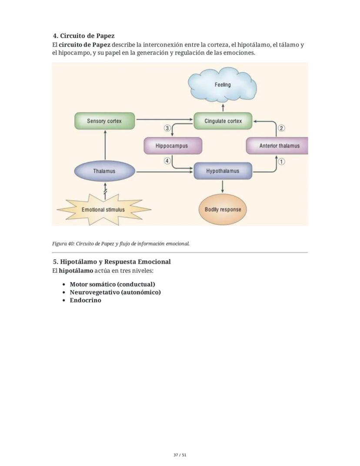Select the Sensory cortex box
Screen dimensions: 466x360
coord(104,121)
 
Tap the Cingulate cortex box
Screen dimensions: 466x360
coord(223,121)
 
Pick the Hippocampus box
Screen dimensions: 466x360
coord(173,146)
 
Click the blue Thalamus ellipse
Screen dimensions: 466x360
coord(104,171)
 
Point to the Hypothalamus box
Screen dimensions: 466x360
coord(223,171)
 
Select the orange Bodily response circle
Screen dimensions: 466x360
coord(223,209)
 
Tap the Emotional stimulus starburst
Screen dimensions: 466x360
coord(103,209)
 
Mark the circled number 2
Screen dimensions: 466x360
coord(281,128)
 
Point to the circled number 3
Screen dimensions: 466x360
coord(167,128)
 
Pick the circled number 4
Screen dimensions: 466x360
coord(167,161)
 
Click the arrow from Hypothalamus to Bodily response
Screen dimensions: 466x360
coord(223,186)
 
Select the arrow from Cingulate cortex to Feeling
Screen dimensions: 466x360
coord(223,107)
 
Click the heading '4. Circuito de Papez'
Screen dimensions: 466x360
coord(83,36)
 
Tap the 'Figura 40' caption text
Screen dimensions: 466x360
coord(121,243)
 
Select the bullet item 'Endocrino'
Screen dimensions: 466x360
coord(85,300)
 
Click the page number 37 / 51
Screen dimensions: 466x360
coord(180,455)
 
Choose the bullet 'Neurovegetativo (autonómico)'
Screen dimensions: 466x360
coord(115,292)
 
